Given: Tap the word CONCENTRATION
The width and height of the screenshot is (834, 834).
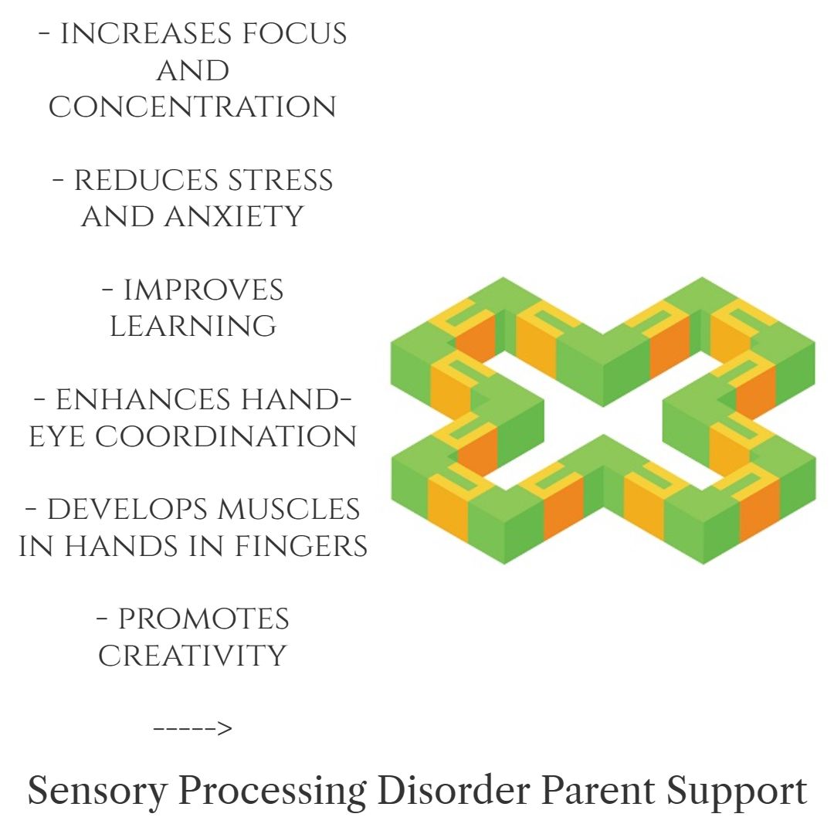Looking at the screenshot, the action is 192,107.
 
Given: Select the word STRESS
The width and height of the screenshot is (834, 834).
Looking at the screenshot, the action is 280,181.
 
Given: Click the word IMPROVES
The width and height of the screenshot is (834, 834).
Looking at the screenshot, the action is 203,290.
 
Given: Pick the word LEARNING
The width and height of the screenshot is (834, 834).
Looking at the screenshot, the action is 192,327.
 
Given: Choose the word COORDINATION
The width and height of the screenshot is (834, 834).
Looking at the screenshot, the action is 225,436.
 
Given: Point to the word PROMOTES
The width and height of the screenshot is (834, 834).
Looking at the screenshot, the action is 203,619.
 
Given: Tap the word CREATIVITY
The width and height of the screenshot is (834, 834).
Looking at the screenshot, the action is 192,656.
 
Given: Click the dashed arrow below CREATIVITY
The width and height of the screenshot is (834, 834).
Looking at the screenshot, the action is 192,728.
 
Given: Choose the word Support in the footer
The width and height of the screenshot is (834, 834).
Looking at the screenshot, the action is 737,792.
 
